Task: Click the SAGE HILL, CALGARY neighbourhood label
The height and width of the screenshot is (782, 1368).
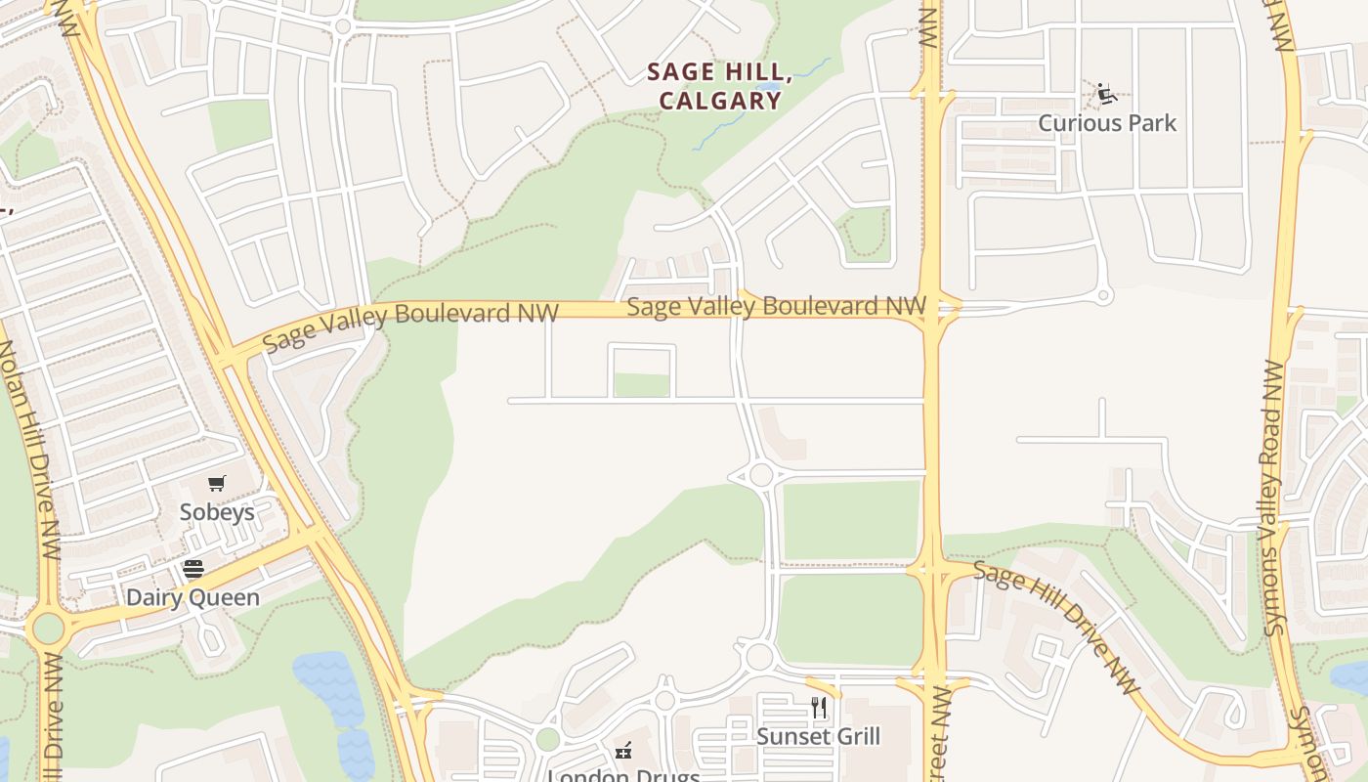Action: point(719,85)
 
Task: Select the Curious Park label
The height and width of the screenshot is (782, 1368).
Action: point(1107,123)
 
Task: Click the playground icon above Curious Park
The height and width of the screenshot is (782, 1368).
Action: point(1106,94)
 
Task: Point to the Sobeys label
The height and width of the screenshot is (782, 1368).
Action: point(217,512)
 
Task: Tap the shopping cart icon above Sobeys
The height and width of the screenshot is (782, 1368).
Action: point(217,483)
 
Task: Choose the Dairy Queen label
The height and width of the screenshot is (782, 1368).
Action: point(193,597)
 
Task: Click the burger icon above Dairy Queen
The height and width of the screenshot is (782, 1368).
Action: point(193,569)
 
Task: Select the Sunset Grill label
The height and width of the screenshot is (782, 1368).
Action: point(819,736)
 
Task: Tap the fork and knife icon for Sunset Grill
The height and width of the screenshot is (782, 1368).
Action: point(819,707)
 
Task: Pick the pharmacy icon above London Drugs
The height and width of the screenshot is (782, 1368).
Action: point(623,751)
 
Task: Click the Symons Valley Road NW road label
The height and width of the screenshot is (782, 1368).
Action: point(1273,499)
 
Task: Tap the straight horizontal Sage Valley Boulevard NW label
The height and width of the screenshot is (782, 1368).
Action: point(776,306)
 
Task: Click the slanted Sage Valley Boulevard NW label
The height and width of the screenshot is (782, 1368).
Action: point(410,325)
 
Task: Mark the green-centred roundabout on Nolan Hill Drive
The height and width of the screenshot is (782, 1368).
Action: point(47,628)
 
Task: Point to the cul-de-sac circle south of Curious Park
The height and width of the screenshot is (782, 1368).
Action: point(1104,295)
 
